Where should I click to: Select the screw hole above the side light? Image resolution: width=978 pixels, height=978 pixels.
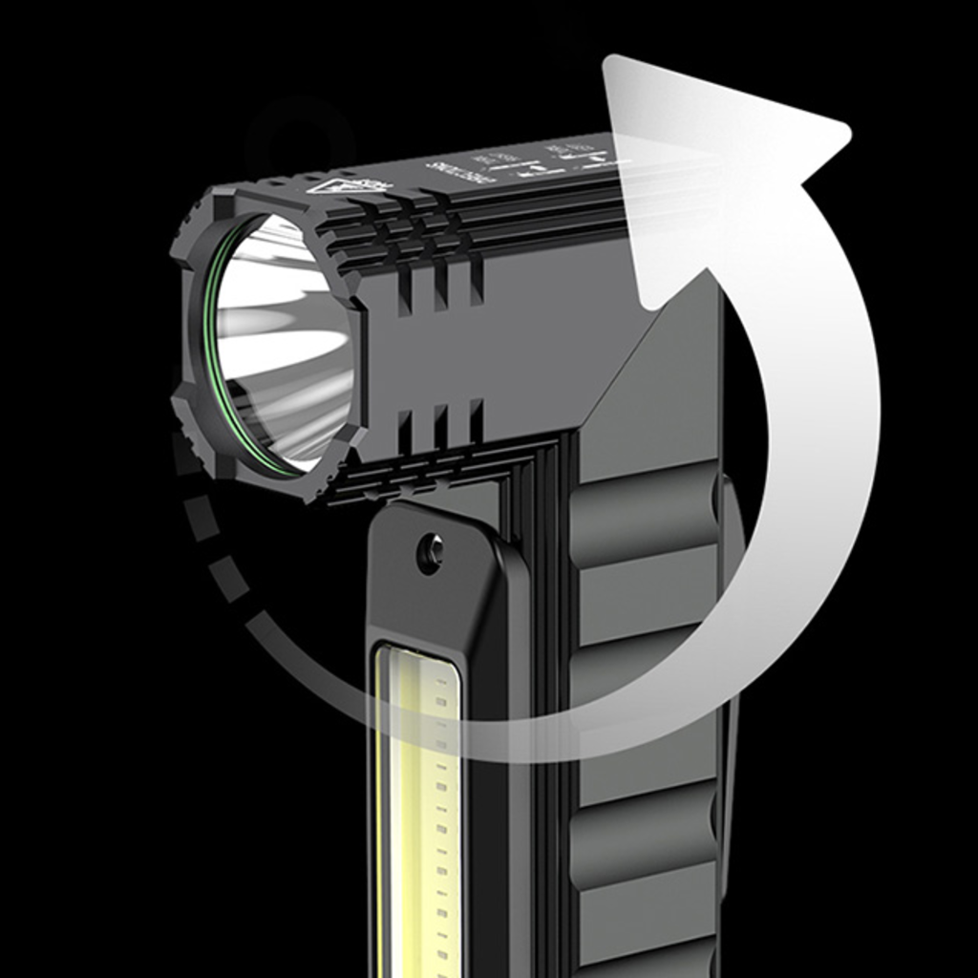click(430, 552)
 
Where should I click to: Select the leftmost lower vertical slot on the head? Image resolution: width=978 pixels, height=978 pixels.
click(405, 432)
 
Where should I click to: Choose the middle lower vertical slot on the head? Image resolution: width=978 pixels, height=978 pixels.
click(440, 426)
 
